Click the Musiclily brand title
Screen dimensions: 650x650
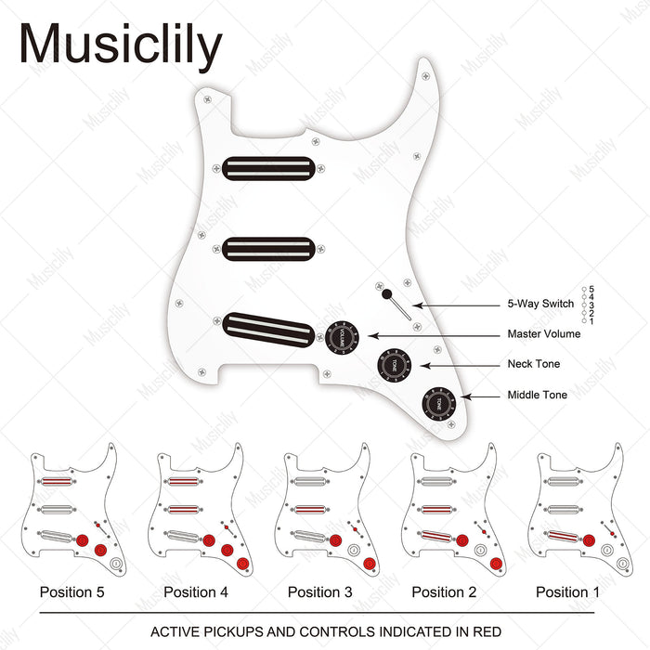[x=121, y=45]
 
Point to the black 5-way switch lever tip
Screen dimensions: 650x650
[x=385, y=294]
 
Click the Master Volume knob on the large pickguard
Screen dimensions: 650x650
[x=341, y=333]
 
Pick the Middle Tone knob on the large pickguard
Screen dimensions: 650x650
[x=439, y=403]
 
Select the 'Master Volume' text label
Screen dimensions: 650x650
[x=543, y=334]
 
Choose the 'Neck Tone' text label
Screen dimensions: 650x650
[x=534, y=365]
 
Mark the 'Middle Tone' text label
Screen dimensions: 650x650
[x=537, y=396]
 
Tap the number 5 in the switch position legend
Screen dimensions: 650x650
[x=591, y=289]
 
